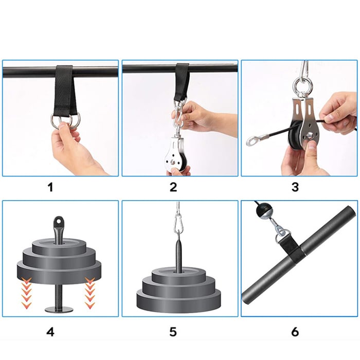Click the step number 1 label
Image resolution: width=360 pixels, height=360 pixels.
[50, 187]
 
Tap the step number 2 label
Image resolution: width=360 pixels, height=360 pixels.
[173, 187]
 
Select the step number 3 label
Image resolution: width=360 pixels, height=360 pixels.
[295, 187]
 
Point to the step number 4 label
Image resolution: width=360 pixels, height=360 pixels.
[50, 332]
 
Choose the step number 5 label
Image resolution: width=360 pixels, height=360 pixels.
[173, 332]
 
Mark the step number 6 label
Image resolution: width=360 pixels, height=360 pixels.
[295, 332]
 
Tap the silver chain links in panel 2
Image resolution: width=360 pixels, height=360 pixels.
[178, 115]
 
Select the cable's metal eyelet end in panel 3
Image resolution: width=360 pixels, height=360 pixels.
[253, 140]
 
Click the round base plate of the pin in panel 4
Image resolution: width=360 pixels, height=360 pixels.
[59, 310]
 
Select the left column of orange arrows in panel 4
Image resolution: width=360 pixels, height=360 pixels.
[26, 292]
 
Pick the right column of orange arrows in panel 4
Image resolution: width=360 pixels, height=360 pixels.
[90, 292]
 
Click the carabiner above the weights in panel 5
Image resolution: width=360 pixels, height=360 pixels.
[177, 223]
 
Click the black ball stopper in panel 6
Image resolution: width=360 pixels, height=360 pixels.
[263, 210]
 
